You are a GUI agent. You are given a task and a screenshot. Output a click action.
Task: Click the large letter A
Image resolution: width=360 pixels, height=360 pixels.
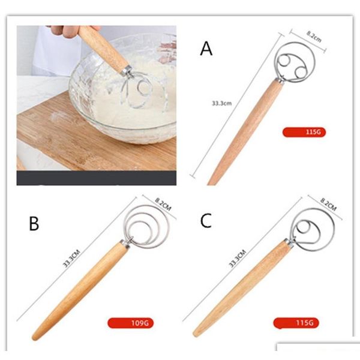tap(206, 48)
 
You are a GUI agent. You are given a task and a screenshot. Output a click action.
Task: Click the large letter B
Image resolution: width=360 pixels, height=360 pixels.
tap(34, 223)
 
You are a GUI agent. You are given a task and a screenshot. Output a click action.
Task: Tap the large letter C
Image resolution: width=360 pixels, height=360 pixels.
tap(206, 220)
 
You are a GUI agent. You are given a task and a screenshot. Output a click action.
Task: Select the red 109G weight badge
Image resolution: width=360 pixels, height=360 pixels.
tap(130, 323)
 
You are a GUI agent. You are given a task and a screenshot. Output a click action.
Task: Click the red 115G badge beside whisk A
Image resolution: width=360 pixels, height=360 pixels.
tap(304, 132)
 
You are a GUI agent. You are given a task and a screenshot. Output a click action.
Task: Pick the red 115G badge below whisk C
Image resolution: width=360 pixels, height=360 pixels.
tap(296, 323)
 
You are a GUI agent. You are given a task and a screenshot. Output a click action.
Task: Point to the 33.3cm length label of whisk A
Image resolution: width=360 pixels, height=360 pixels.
tap(221, 103)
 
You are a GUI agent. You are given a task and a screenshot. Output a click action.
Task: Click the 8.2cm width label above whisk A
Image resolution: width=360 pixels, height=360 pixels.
tap(314, 37)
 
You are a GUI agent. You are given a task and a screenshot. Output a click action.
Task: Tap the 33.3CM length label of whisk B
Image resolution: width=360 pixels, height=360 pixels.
tap(71, 259)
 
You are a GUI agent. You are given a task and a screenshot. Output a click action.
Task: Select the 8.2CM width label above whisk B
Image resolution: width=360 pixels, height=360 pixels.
tap(163, 204)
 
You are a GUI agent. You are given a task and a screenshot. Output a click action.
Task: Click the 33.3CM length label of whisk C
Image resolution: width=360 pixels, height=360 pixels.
tap(238, 259)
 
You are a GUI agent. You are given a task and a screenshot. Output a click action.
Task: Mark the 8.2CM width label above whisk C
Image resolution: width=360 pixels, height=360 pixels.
tap(328, 205)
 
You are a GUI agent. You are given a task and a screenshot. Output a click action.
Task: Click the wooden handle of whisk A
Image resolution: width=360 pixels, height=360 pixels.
tap(245, 133)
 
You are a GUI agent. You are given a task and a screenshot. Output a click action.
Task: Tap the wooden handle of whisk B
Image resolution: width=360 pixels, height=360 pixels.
tap(80, 291)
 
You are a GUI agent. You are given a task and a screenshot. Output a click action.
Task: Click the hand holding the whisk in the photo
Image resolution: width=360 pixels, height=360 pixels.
tap(69, 31)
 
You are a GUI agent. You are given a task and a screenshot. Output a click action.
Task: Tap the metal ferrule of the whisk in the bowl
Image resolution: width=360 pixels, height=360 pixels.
tap(127, 70)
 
